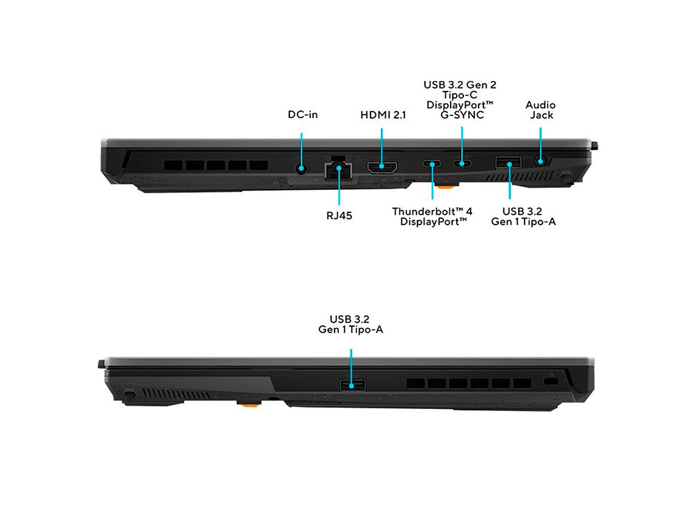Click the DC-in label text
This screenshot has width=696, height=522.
[x=303, y=115]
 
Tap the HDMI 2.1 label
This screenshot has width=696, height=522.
[x=383, y=115]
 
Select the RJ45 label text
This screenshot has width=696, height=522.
[x=339, y=216]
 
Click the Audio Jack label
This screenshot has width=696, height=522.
[x=541, y=110]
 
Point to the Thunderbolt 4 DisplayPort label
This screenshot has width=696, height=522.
[x=432, y=217]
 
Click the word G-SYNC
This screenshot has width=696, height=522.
[x=462, y=115]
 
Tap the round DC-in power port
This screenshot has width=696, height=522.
[x=302, y=169]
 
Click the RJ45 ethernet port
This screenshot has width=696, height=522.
[x=339, y=169]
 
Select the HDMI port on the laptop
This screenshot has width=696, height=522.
[x=382, y=167]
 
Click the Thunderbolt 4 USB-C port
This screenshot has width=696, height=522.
[x=432, y=164]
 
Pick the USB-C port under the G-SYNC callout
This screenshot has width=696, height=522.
[x=462, y=163]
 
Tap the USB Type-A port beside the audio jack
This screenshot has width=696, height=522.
[x=508, y=162]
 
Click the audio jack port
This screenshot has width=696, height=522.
[x=540, y=161]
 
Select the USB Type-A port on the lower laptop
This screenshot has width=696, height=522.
[x=352, y=385]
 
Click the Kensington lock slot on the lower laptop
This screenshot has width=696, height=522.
[x=551, y=382]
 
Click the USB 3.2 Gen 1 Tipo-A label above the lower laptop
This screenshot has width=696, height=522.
[x=350, y=324]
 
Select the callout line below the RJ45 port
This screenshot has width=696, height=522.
[x=339, y=186]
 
